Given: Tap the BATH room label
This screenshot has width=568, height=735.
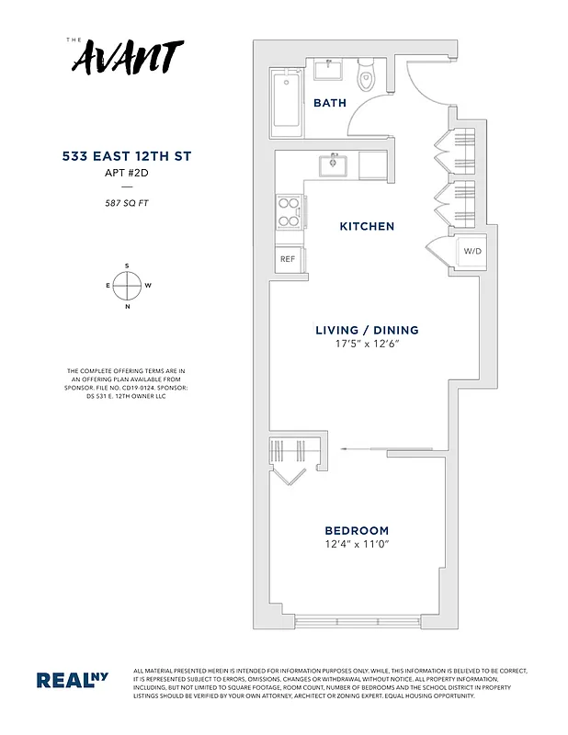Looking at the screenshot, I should pos(330,103).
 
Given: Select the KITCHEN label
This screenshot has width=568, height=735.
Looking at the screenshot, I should pos(367,226).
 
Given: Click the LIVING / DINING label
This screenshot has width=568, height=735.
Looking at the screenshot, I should pos(367,330).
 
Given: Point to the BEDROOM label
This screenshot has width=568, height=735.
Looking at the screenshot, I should pos(357,530).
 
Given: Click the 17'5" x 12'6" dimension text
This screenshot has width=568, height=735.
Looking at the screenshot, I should pos(367,345).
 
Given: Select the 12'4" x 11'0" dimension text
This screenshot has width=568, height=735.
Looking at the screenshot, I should pos(357,545).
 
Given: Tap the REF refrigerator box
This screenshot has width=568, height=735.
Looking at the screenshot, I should pos(288,260).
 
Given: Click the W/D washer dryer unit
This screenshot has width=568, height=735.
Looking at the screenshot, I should pos(472,251).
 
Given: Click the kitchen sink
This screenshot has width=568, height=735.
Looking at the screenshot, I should pos(332,165).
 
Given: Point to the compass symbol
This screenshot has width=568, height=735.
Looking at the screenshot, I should pos(126,286).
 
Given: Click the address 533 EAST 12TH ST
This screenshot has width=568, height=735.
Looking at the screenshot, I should pos(126,157).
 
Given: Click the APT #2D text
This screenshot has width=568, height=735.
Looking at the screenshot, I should pos(126,172).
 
